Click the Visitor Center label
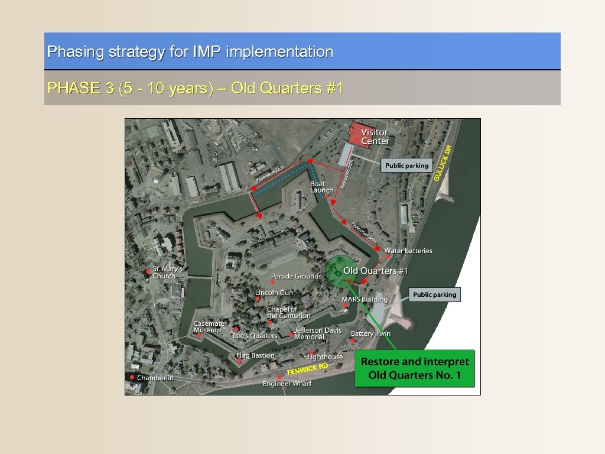point(375,137)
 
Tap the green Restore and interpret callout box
point(415,368)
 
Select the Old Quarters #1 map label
point(376,271)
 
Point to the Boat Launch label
point(321,187)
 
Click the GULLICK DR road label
point(443,163)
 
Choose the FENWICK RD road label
point(307,369)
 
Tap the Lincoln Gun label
point(274,293)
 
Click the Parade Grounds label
point(296,276)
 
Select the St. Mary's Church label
point(168,273)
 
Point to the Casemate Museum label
point(209,327)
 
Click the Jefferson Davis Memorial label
point(318,333)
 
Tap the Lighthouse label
point(325,356)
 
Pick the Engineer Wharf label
point(287,384)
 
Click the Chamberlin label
point(155,377)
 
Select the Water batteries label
point(408,251)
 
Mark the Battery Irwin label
point(370,333)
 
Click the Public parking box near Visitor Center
point(407,166)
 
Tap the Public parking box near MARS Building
point(434,294)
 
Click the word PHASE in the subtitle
point(66,89)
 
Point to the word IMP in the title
point(207,52)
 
